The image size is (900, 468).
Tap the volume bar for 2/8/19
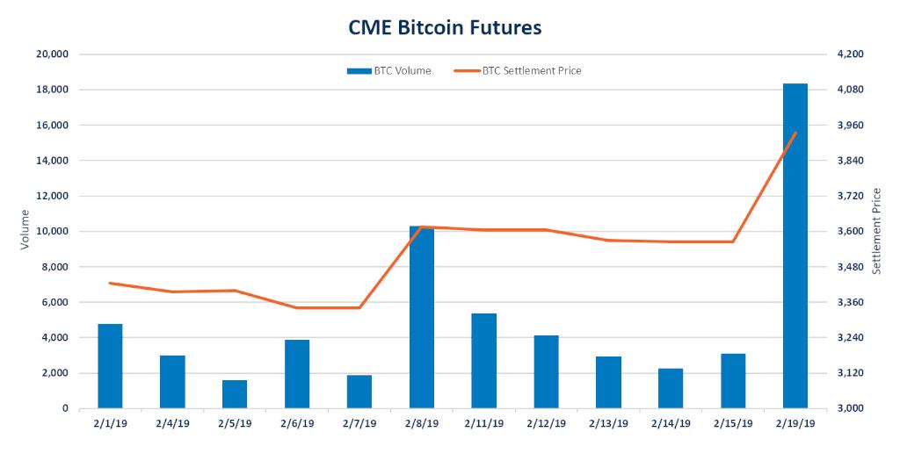click(422, 317)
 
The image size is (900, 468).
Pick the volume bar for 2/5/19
click(235, 394)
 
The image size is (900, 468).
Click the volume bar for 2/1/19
click(110, 366)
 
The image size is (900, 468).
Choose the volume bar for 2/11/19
click(483, 361)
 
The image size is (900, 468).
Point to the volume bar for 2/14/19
click(671, 388)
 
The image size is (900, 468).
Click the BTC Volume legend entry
click(388, 71)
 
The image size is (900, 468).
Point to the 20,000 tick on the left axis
click(52, 54)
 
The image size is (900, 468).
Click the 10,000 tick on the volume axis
click(52, 232)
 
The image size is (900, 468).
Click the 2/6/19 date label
click(297, 423)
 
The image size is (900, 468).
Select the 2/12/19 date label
click(546, 423)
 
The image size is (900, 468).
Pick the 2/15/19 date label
click(733, 423)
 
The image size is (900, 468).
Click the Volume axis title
click(25, 232)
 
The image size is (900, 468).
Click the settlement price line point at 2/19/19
click(795, 133)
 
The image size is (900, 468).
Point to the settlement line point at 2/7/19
click(359, 308)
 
